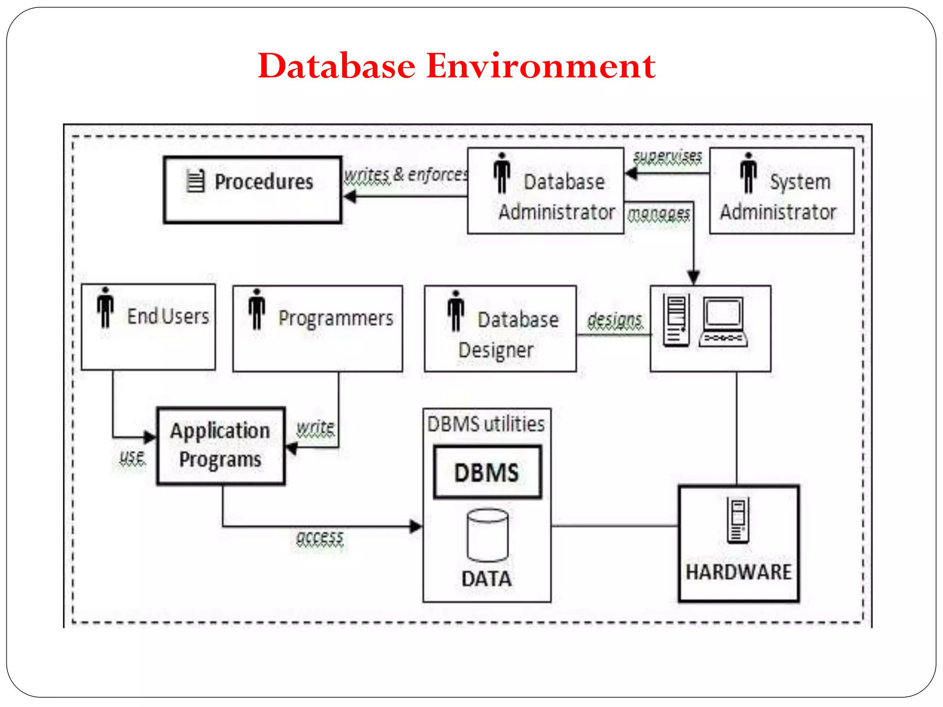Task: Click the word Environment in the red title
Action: coord(541,66)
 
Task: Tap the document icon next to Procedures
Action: coord(195,181)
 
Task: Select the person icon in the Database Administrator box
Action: coord(501,173)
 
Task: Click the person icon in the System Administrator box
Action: coord(748,173)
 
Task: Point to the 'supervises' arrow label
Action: coord(667,156)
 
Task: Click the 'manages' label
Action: coord(658,213)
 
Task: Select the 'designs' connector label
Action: coord(615,319)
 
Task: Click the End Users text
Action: coord(168,317)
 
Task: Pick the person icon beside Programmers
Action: coord(257,309)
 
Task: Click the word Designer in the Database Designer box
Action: coord(496,350)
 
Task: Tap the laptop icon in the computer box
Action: coord(723,322)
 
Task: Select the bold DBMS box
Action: coord(487,472)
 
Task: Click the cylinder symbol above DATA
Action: coord(488,535)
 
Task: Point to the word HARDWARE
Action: coord(739,572)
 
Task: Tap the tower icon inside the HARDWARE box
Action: coord(738,521)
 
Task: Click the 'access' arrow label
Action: coord(320,538)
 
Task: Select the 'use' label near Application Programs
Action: coord(132,457)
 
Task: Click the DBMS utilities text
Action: coord(486,424)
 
